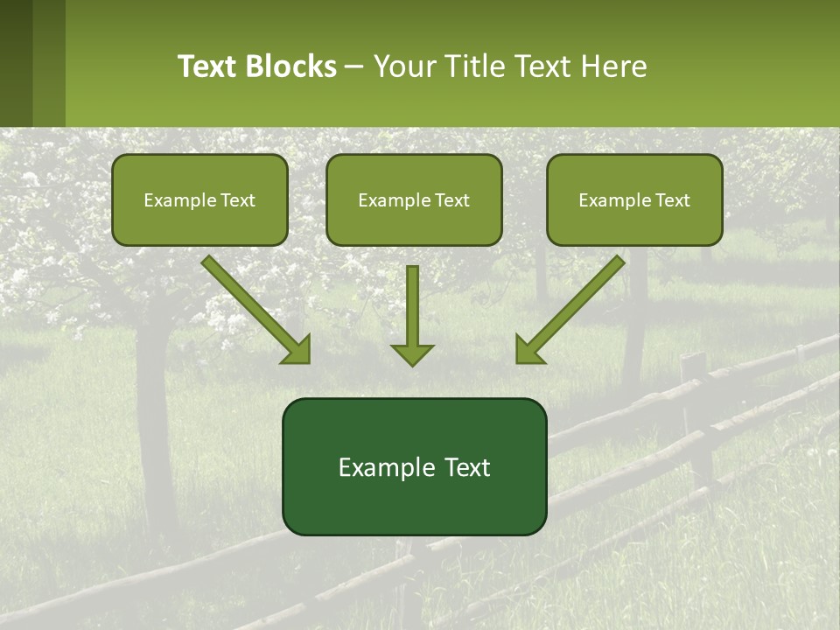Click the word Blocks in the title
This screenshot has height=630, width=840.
click(x=291, y=66)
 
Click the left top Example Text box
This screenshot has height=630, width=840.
click(x=199, y=200)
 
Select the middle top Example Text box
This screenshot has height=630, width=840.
click(x=414, y=200)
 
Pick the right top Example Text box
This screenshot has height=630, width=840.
click(x=634, y=200)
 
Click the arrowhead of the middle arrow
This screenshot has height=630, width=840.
click(x=412, y=353)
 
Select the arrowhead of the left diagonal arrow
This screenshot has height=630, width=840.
click(x=297, y=351)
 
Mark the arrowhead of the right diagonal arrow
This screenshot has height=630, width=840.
click(x=528, y=351)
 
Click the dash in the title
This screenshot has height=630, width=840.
click(x=354, y=67)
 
